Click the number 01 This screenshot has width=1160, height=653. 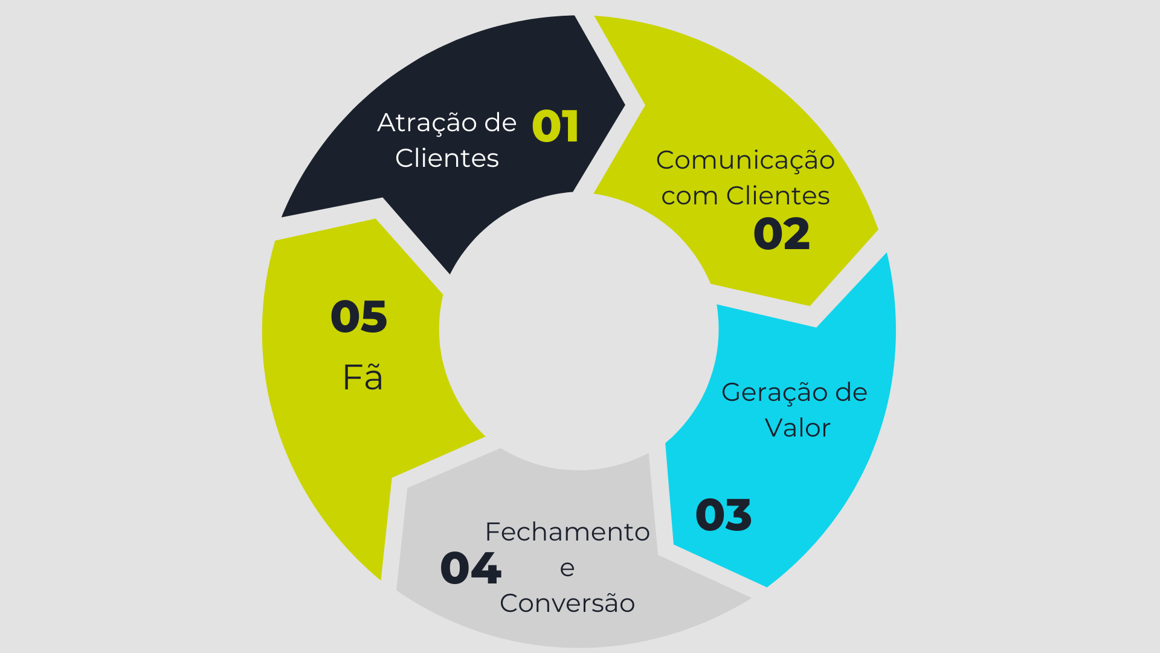555,126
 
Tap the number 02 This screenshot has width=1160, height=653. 781,234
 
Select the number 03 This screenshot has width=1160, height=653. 723,515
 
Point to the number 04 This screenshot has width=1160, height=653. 471,568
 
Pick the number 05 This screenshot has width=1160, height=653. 359,317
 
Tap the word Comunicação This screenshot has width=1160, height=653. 746,161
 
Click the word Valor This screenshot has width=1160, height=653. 797,428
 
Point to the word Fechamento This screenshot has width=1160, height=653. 567,532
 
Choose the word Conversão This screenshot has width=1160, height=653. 567,603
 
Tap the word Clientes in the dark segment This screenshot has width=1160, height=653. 447,158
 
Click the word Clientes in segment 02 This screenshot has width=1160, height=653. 778,196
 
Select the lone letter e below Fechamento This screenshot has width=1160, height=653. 567,568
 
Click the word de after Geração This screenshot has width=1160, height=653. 851,392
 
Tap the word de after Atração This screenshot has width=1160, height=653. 500,123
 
